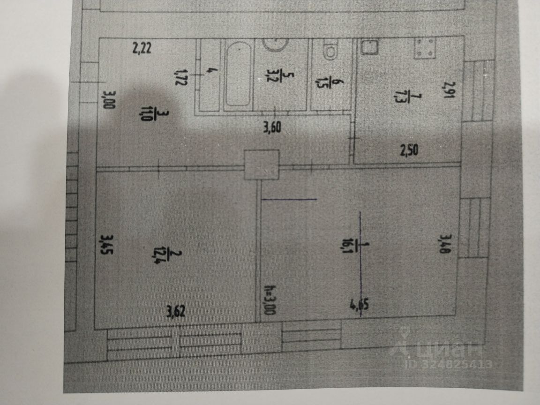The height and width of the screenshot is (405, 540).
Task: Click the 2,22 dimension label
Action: point(142,48)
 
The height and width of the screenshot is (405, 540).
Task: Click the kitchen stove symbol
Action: point(425,49)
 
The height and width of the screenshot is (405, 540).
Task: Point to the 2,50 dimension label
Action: point(408,150)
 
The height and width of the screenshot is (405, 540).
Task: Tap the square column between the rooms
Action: point(262,165)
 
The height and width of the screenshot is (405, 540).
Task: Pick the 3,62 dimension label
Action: point(175,311)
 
